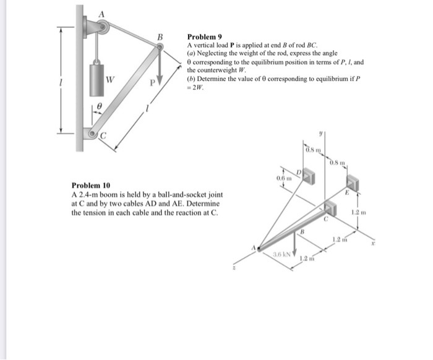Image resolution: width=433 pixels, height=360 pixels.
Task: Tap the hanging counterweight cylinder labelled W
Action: [x=97, y=78]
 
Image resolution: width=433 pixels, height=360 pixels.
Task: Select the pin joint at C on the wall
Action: [x=93, y=133]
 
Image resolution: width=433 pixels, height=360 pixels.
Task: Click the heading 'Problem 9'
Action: [x=204, y=37]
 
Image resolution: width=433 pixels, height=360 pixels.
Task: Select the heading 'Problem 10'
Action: [x=90, y=186]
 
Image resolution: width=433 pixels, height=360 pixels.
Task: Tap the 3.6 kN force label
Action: [x=284, y=254]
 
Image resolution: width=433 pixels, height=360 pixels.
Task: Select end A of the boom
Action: [x=259, y=247]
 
